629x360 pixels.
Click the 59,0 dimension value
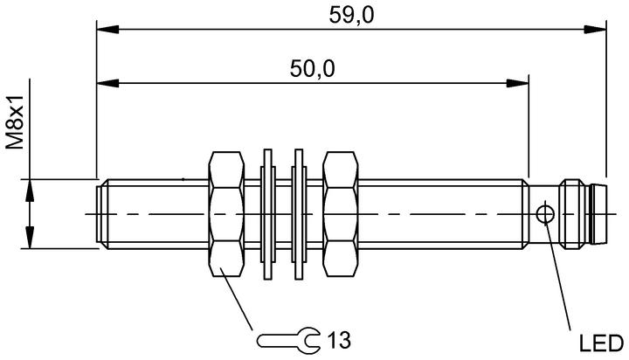[x=351, y=16]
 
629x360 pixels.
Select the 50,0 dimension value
[x=312, y=69]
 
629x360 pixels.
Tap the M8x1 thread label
[x=15, y=122]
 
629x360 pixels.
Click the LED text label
[x=601, y=343]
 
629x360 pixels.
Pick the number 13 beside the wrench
[x=339, y=340]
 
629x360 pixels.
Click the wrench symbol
[x=288, y=341]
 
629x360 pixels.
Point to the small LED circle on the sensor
[x=545, y=214]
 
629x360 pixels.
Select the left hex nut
[x=226, y=214]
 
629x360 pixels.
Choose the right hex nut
[x=341, y=214]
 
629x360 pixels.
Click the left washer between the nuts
[x=267, y=214]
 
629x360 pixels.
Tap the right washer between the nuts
[x=299, y=214]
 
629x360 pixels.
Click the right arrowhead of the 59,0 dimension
[x=595, y=30]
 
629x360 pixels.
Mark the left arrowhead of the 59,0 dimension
[x=108, y=30]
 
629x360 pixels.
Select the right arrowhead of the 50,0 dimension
[x=517, y=84]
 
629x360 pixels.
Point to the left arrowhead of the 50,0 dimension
[x=108, y=84]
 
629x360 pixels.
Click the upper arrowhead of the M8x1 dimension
[x=30, y=190]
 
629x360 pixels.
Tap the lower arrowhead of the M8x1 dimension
[x=30, y=237]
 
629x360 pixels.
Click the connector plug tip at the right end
[x=599, y=214]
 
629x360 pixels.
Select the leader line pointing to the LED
[x=557, y=276]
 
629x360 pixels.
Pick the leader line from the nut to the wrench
[x=237, y=299]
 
